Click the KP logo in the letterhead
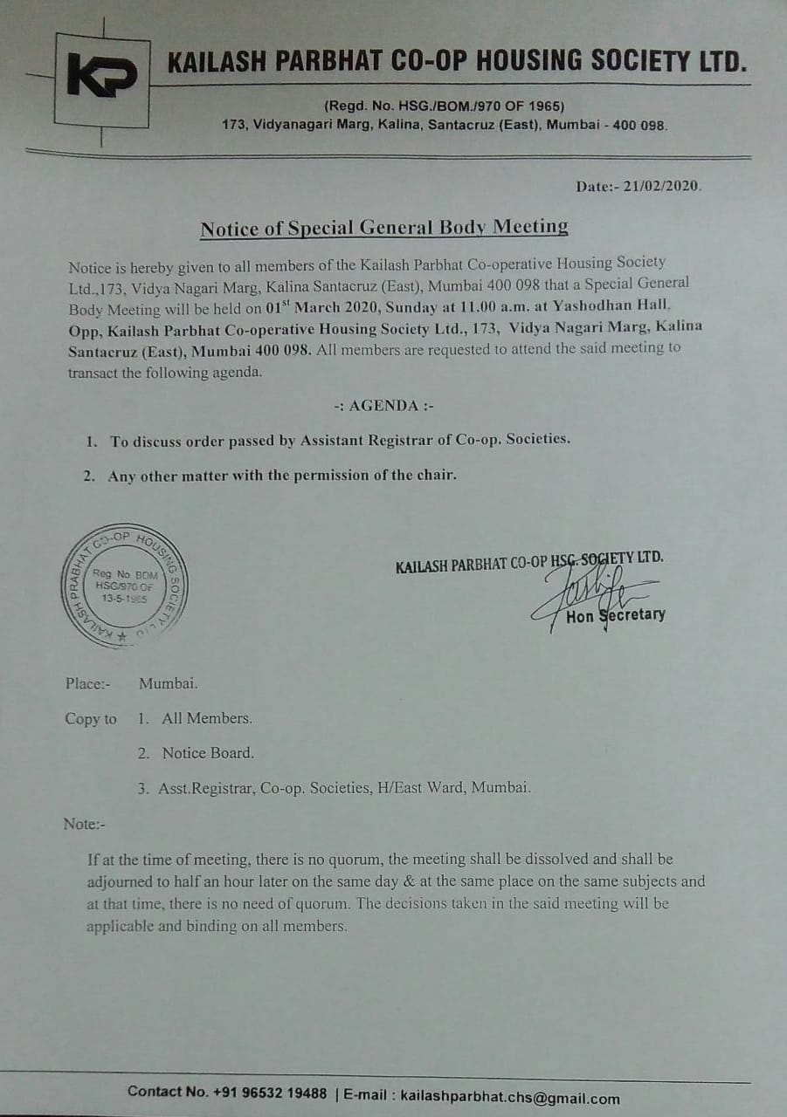point(101,77)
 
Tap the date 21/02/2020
point(663,187)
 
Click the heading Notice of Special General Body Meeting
point(383,229)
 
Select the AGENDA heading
point(383,407)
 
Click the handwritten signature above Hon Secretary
point(581,593)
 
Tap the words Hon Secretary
point(615,615)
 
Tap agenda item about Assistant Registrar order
point(340,440)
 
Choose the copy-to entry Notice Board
point(208,753)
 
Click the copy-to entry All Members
point(206,718)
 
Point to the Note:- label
point(84,823)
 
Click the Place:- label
point(87,683)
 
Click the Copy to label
point(90,719)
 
